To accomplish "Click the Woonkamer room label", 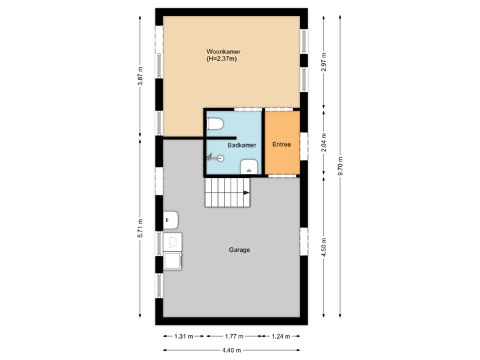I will click(x=223, y=51).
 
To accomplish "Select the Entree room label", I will click(x=282, y=144).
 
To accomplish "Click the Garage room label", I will click(x=239, y=250).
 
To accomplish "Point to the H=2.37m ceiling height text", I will click(x=222, y=59).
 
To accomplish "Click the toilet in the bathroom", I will click(x=215, y=123).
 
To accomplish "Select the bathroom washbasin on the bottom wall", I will click(x=249, y=166).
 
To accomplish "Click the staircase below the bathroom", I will click(x=227, y=193).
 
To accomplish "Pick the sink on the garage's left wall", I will click(x=171, y=219).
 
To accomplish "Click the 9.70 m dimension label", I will click(x=341, y=166).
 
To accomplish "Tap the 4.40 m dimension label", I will click(x=231, y=350).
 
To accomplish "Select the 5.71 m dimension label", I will click(x=140, y=229).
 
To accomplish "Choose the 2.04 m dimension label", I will click(x=323, y=143).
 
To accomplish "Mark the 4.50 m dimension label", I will click(x=323, y=246).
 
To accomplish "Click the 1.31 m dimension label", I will click(x=183, y=336).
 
